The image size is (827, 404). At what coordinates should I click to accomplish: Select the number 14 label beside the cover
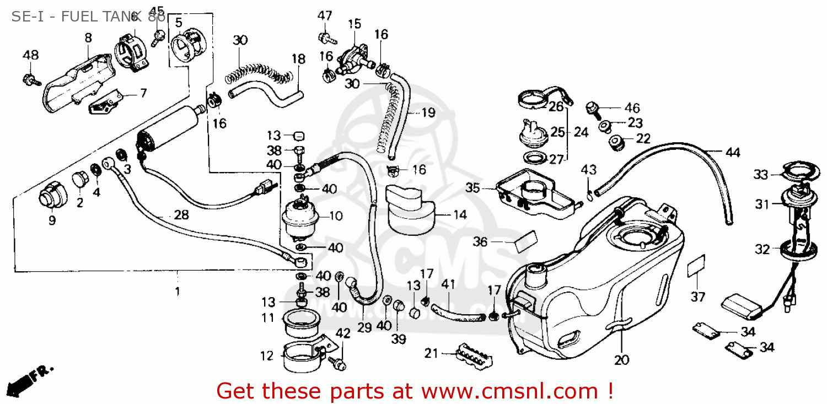click(x=460, y=215)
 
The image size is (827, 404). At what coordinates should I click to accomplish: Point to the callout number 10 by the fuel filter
click(x=336, y=216)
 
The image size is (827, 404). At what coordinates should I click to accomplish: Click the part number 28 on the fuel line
click(x=181, y=215)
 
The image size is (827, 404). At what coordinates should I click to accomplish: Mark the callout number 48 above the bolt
click(x=31, y=55)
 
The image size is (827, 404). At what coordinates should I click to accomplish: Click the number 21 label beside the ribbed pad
click(x=431, y=353)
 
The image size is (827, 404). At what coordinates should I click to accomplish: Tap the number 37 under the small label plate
click(x=698, y=297)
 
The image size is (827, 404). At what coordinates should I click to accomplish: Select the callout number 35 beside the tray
click(x=472, y=188)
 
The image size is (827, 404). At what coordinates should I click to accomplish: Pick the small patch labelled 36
click(x=525, y=241)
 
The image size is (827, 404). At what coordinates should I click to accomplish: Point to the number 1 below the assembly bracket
click(x=177, y=290)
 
